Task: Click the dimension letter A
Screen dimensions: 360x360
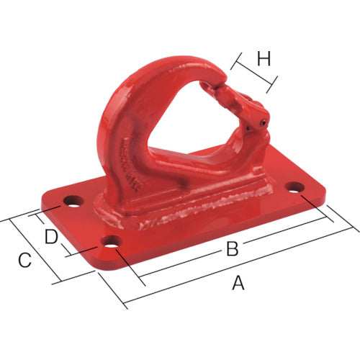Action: (238, 284)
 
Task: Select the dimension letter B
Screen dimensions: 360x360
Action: (232, 250)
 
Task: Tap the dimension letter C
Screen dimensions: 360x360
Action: (24, 260)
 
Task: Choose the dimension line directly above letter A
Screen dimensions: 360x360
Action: (238, 266)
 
